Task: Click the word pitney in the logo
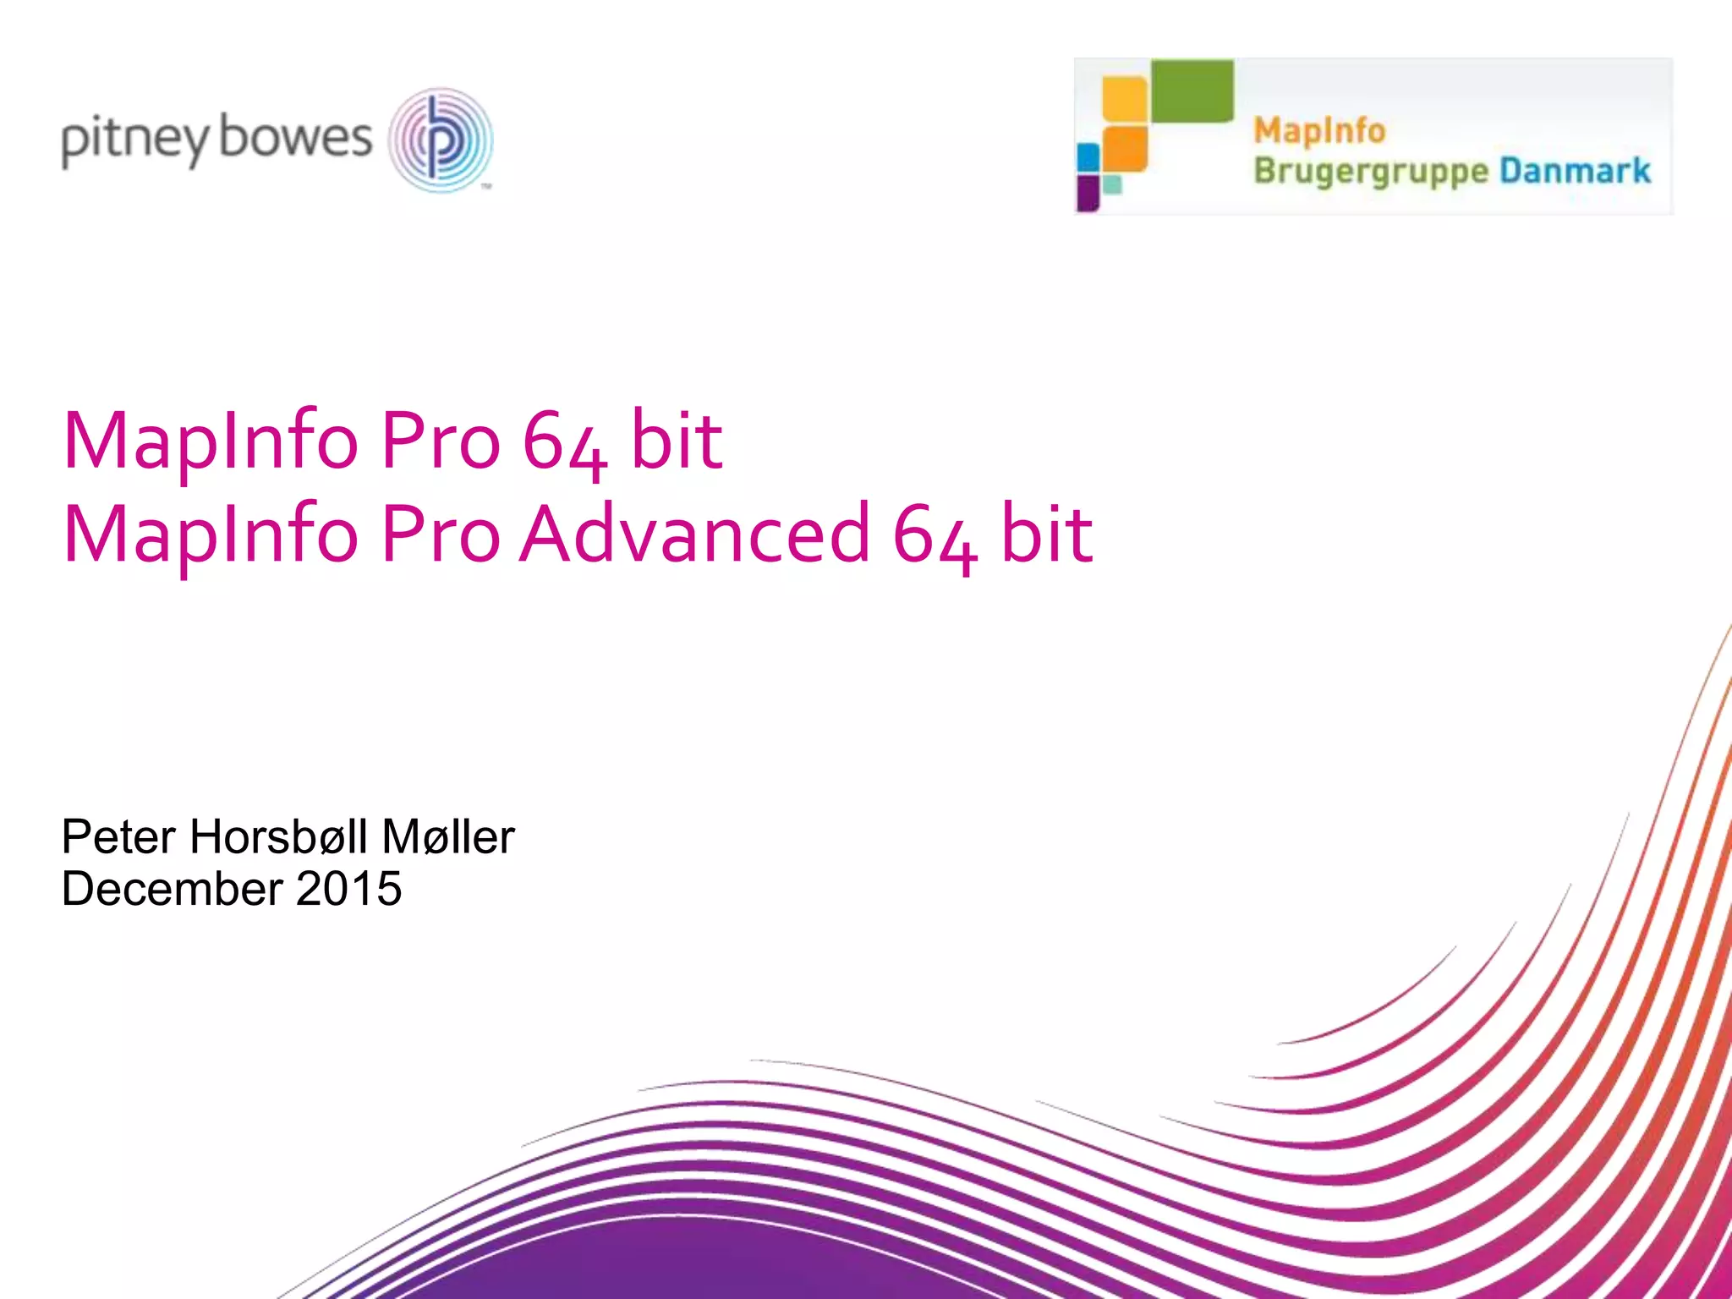[x=134, y=140]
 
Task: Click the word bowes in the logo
[x=295, y=137]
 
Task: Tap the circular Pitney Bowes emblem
[x=441, y=140]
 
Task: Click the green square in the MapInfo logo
[x=1192, y=90]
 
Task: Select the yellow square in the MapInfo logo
[x=1125, y=99]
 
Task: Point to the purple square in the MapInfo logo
[x=1088, y=192]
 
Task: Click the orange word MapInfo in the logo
[x=1319, y=131]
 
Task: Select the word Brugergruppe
[x=1370, y=172]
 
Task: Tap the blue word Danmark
[x=1575, y=171]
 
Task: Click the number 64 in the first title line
[x=564, y=441]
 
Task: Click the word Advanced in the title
[x=694, y=534]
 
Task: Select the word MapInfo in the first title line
[x=211, y=441]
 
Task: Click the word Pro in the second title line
[x=441, y=534]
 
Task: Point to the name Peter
[x=118, y=837]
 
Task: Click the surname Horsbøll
[x=279, y=837]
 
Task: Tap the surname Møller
[x=448, y=837]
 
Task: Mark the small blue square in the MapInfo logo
[x=1088, y=157]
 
